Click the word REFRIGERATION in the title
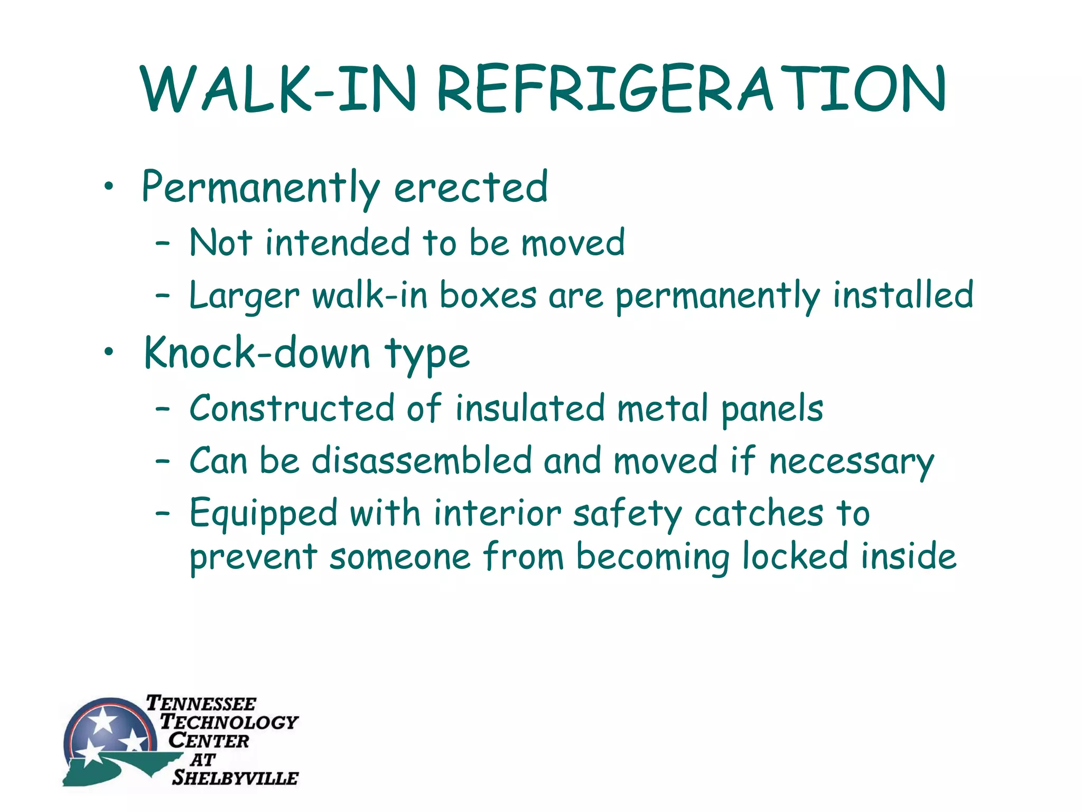click(x=691, y=89)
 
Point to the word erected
click(x=471, y=187)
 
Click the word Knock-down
click(x=258, y=353)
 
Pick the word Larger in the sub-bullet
click(x=244, y=296)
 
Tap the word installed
click(x=903, y=295)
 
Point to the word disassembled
click(x=422, y=460)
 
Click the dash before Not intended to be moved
click(x=163, y=243)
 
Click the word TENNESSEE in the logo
click(x=201, y=704)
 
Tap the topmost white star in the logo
click(x=102, y=719)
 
